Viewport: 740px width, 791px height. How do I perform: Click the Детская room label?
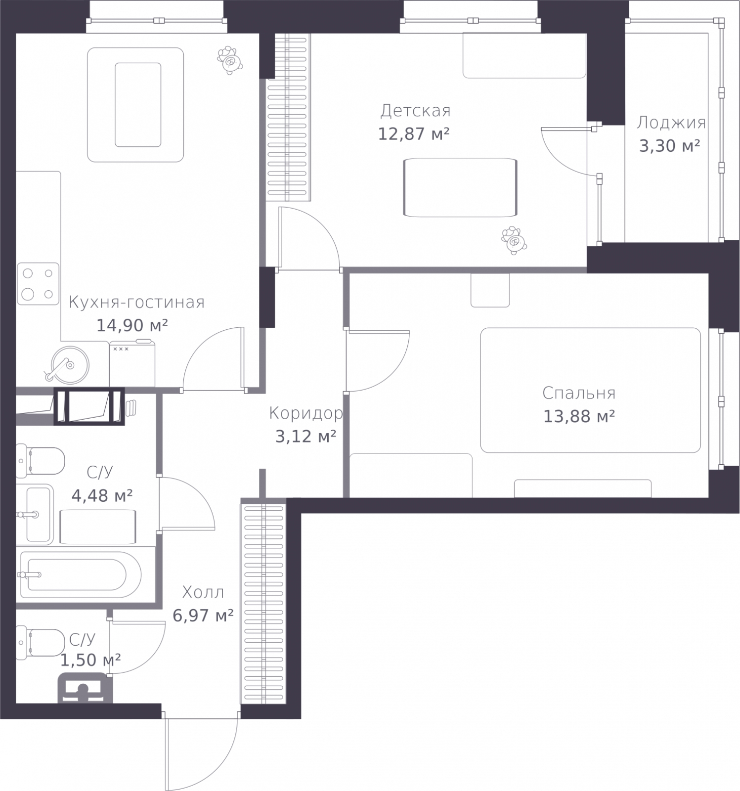pos(415,111)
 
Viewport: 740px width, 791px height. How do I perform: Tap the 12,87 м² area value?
pos(414,133)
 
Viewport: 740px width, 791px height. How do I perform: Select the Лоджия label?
pos(671,123)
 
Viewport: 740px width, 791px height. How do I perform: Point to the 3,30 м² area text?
pos(669,145)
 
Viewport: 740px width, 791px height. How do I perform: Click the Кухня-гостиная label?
pos(136,302)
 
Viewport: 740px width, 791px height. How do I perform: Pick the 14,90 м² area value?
pos(132,325)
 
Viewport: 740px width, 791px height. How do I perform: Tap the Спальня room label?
pos(579,393)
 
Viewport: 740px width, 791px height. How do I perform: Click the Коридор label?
pos(306,413)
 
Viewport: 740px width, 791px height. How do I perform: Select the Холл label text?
pos(203,592)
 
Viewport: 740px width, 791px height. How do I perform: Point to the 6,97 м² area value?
pos(203,615)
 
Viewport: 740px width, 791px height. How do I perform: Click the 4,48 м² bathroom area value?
pos(102,495)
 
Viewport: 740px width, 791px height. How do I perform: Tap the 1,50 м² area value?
pos(90,659)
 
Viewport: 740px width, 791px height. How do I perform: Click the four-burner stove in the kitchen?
pos(38,283)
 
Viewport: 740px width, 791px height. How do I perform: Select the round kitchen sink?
pos(70,364)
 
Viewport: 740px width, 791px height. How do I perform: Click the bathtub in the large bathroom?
pos(80,574)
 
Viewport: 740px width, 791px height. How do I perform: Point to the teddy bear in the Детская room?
pos(514,240)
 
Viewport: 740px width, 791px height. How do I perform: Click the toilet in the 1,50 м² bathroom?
pos(40,643)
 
